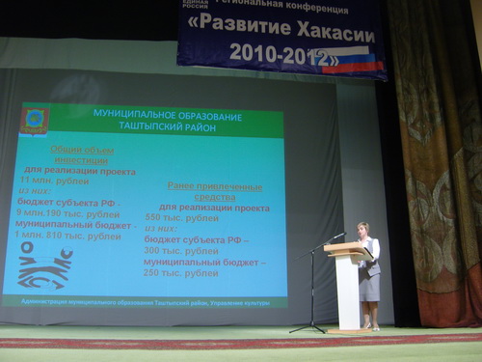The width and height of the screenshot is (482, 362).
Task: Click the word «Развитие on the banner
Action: coord(237,24)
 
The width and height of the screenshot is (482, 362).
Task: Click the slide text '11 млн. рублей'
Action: coord(54,181)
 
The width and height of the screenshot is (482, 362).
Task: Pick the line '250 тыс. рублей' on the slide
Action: coord(181,273)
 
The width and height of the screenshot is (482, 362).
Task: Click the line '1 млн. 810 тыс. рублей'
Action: coord(67,236)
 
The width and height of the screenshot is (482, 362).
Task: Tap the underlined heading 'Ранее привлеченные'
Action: coord(214,184)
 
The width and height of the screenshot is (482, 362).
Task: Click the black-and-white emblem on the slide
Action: coord(44,265)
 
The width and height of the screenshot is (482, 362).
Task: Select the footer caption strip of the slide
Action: coord(145,301)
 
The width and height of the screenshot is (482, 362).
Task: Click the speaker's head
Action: coord(363,230)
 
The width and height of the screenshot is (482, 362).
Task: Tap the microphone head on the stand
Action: coord(338,235)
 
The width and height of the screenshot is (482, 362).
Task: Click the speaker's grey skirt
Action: coord(370,286)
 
